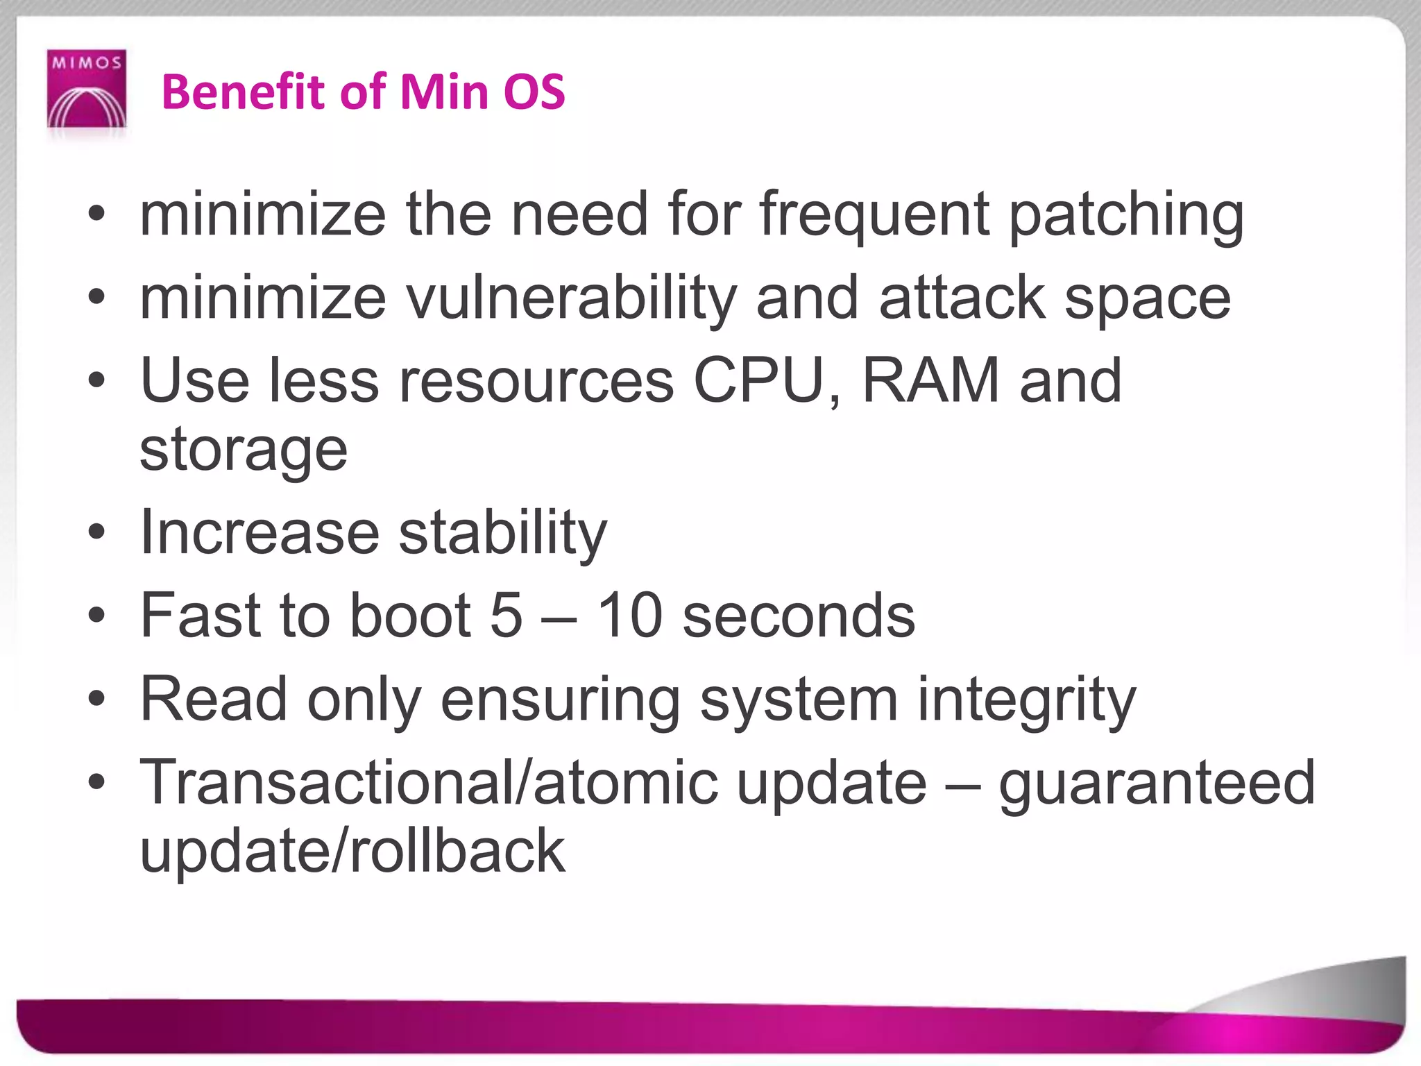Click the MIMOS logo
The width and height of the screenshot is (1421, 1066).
coord(87,89)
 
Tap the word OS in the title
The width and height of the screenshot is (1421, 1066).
coord(534,92)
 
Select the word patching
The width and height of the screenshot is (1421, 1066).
coord(1125,215)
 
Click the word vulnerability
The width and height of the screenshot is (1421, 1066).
coord(570,298)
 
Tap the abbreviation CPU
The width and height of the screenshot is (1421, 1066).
coord(767,380)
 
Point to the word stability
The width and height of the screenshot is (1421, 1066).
coord(503,533)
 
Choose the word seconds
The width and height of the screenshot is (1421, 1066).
coord(799,616)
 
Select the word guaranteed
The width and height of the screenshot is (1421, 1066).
coord(1157,783)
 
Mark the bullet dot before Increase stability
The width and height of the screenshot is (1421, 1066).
coord(96,533)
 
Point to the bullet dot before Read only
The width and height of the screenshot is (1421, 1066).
coord(96,699)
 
